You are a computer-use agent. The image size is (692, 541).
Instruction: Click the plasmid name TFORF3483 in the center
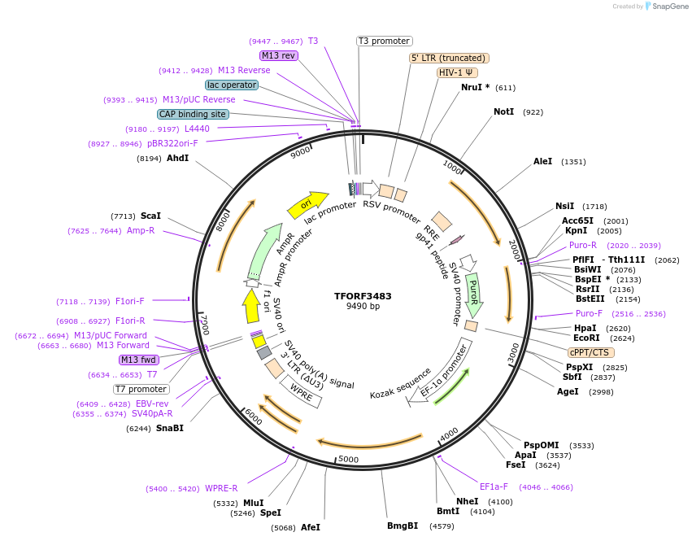tap(363, 296)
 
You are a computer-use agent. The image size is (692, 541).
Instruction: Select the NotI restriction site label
tap(503, 111)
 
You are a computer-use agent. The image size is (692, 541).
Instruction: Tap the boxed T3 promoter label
tap(385, 41)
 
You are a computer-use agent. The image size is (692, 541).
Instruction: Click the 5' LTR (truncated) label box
tap(448, 58)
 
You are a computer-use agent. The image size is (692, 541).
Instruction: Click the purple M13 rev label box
tap(279, 55)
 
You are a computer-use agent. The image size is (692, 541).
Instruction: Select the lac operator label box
tap(232, 85)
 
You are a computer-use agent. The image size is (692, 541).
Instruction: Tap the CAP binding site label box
tap(193, 115)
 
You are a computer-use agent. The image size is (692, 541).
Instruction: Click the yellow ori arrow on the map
tap(307, 204)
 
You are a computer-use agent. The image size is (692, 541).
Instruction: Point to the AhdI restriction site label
tap(177, 158)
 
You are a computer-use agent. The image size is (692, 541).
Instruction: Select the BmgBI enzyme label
tap(403, 526)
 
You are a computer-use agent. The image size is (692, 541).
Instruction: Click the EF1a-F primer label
tap(494, 486)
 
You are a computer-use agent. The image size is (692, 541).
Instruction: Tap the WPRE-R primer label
tap(221, 488)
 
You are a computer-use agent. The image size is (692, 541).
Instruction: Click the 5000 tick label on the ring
tap(348, 460)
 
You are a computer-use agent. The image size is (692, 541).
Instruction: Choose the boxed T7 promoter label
tap(141, 389)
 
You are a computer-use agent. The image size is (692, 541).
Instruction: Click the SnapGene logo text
tap(668, 7)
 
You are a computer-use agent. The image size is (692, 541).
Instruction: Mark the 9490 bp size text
tap(363, 307)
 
